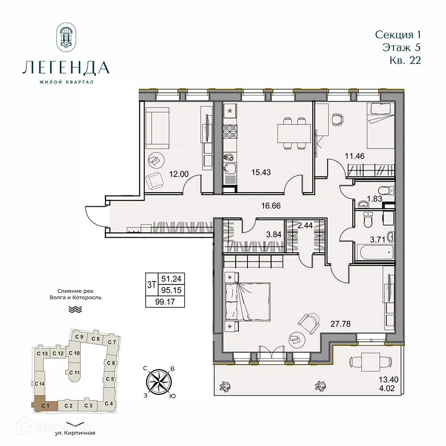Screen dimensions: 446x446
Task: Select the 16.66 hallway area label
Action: click(x=271, y=206)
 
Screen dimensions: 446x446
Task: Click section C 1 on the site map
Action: click(x=44, y=405)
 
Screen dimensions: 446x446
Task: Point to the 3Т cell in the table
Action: click(x=151, y=284)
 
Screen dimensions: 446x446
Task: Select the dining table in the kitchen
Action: click(x=293, y=132)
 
